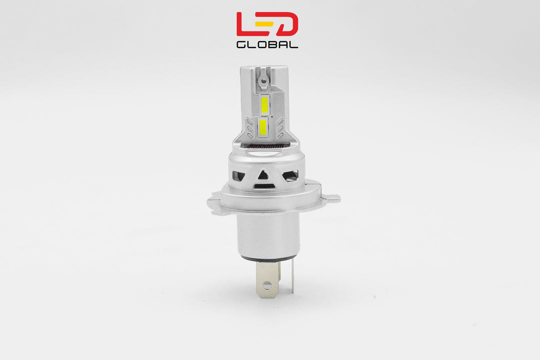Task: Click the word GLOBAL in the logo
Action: pos(267,44)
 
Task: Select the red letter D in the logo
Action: pos(288,24)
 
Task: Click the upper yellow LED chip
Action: pos(265,105)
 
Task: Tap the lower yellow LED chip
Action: pos(263,127)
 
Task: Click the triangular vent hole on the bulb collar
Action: pos(263,175)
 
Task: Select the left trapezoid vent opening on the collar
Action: pos(239,176)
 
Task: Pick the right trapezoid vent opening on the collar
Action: pos(290,175)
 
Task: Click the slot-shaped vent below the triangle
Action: pos(264,186)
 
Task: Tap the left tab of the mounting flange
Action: pos(214,203)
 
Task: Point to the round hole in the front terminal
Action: pos(267,286)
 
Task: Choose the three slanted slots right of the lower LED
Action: pos(279,128)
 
